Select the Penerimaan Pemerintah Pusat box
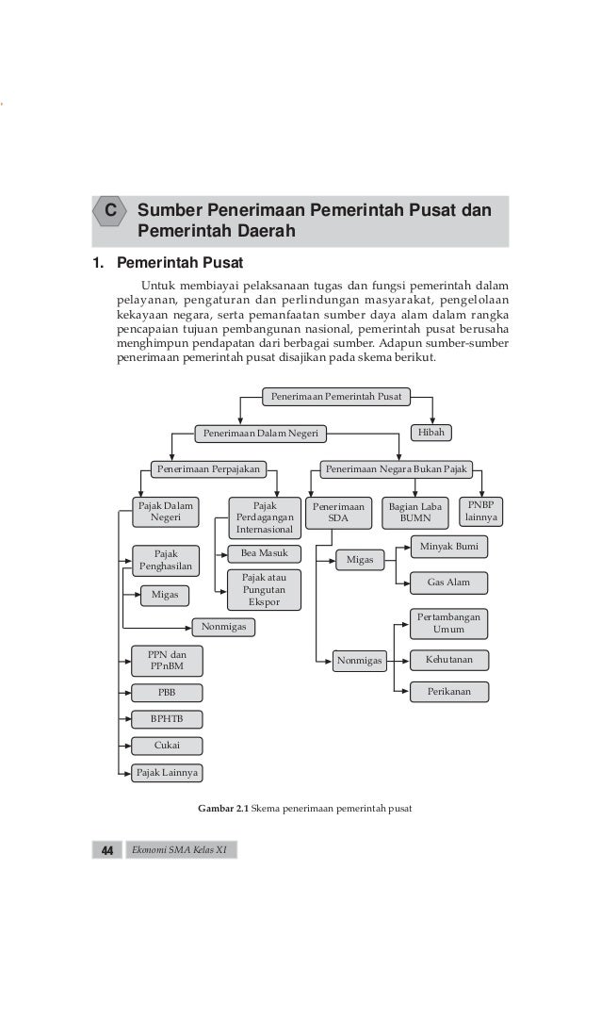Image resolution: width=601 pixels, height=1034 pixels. tap(335, 397)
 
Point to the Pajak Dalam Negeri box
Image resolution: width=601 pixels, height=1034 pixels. tap(166, 512)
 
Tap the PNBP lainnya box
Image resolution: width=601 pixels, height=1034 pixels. tap(481, 512)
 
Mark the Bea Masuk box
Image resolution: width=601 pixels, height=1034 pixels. tap(264, 553)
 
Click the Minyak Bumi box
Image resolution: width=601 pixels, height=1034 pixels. tap(448, 546)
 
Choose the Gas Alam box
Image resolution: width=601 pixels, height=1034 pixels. tap(448, 583)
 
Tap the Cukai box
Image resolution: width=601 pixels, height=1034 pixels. tap(166, 746)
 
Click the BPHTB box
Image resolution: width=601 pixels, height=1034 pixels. tap(166, 719)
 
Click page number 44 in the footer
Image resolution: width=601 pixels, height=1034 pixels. tap(106, 851)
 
